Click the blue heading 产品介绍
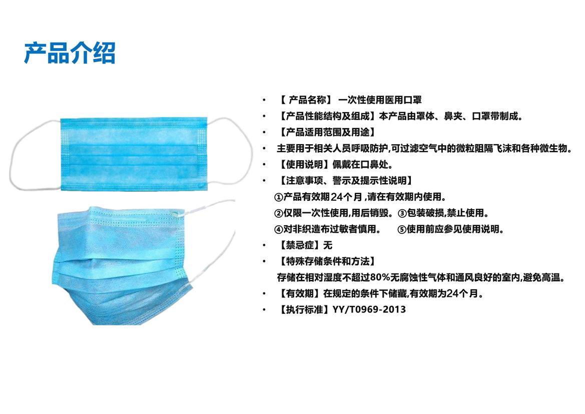tap(70, 53)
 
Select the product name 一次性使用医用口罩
tap(380, 100)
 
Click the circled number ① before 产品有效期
tap(278, 197)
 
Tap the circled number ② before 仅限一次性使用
tap(278, 213)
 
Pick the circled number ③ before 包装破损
tap(402, 213)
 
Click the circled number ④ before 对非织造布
tap(278, 229)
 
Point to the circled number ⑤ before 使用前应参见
tap(402, 229)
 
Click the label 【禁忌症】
tap(300, 245)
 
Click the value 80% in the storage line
tap(380, 277)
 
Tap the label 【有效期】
tap(300, 293)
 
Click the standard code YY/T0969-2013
tap(369, 309)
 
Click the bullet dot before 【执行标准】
tap(264, 309)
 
